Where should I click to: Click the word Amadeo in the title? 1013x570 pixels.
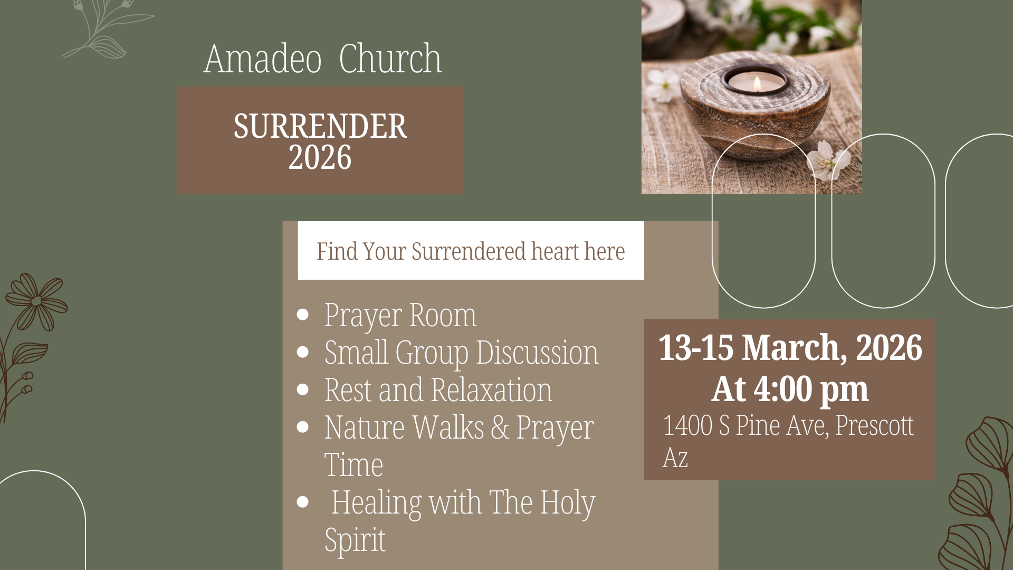tap(262, 59)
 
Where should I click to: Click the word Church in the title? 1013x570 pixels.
tap(390, 59)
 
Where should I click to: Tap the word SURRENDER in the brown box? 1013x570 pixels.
tap(320, 126)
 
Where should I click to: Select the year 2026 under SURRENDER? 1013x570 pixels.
tap(320, 157)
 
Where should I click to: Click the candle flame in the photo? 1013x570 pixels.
tap(757, 83)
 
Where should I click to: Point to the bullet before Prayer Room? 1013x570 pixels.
tap(302, 315)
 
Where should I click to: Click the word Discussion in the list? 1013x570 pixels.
tap(537, 353)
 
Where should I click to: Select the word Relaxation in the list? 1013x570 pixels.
tap(491, 390)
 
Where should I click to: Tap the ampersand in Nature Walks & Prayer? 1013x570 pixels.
tap(500, 427)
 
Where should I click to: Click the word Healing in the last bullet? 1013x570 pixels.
tap(376, 502)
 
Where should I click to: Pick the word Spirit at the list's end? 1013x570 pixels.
tap(355, 540)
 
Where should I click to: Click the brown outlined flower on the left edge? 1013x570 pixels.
tap(36, 301)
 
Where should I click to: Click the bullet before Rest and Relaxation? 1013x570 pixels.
tap(302, 389)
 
